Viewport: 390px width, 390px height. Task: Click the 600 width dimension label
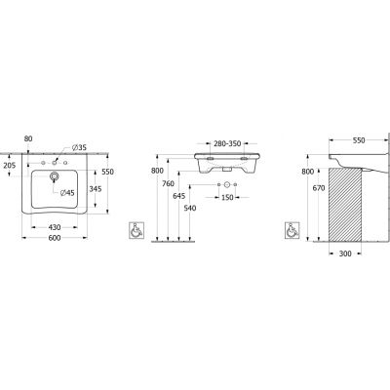pos(55,238)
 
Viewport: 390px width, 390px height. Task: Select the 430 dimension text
pos(55,227)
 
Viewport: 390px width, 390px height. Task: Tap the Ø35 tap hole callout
pos(79,148)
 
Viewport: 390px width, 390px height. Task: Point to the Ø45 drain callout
pos(67,193)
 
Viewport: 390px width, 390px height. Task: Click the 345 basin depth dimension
pos(96,188)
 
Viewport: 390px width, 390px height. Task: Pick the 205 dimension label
pos(10,166)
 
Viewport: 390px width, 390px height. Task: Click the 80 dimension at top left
pos(28,138)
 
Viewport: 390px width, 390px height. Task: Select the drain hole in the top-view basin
pos(54,176)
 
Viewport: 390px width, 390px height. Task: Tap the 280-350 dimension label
pos(227,143)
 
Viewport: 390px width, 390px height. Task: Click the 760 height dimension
pos(168,184)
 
